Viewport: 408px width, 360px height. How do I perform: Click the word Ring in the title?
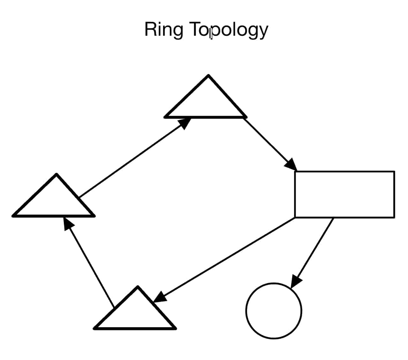pyautogui.click(x=163, y=30)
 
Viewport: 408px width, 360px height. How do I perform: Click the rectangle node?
pyautogui.click(x=344, y=195)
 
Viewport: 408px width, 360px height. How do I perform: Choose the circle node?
pyautogui.click(x=274, y=311)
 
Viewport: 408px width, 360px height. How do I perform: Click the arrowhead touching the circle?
pyautogui.click(x=296, y=281)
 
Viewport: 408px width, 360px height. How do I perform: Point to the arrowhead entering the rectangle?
pyautogui.click(x=290, y=165)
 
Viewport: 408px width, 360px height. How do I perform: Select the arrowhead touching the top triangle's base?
pyautogui.click(x=184, y=123)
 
